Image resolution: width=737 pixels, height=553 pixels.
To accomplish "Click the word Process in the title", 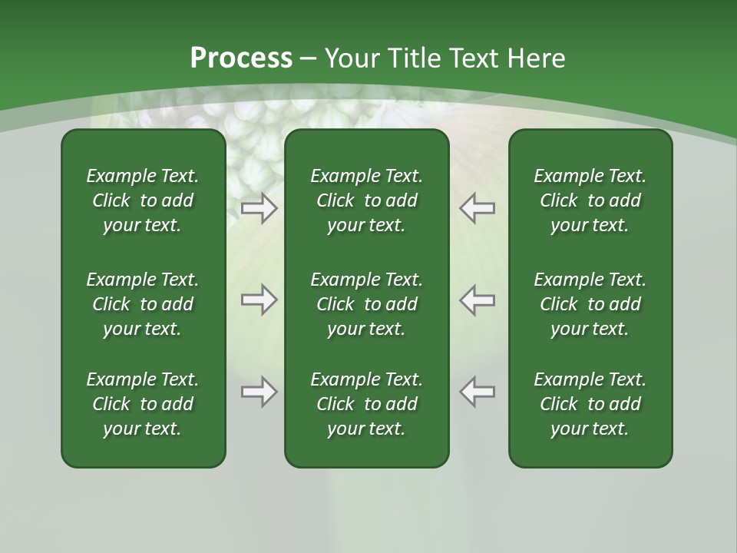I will [241, 58].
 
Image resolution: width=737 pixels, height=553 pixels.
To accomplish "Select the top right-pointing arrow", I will [259, 207].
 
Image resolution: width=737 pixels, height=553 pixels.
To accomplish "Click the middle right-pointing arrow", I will [259, 300].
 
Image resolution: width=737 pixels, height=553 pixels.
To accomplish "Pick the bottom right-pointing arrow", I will [259, 392].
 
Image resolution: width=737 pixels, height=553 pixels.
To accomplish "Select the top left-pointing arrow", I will [478, 207].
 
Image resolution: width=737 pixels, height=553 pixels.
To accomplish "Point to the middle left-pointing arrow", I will [478, 300].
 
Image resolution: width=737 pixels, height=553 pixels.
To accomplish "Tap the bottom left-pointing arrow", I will [478, 392].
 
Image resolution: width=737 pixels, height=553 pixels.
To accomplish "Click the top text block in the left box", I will [143, 200].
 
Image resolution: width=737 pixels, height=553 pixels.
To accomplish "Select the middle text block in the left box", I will [143, 304].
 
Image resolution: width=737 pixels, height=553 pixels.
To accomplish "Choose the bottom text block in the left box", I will [143, 404].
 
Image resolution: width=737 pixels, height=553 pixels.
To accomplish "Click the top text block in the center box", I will [366, 200].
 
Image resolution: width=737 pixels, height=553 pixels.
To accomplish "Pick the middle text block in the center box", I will [366, 304].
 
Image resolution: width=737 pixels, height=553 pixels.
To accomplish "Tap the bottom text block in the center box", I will [366, 404].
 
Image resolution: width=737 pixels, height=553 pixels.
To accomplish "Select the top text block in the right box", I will [590, 200].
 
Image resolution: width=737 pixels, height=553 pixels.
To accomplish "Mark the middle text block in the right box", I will [590, 304].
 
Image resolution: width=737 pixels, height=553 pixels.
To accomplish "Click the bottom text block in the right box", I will [590, 404].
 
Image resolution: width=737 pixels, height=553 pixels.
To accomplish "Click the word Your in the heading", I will [354, 58].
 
